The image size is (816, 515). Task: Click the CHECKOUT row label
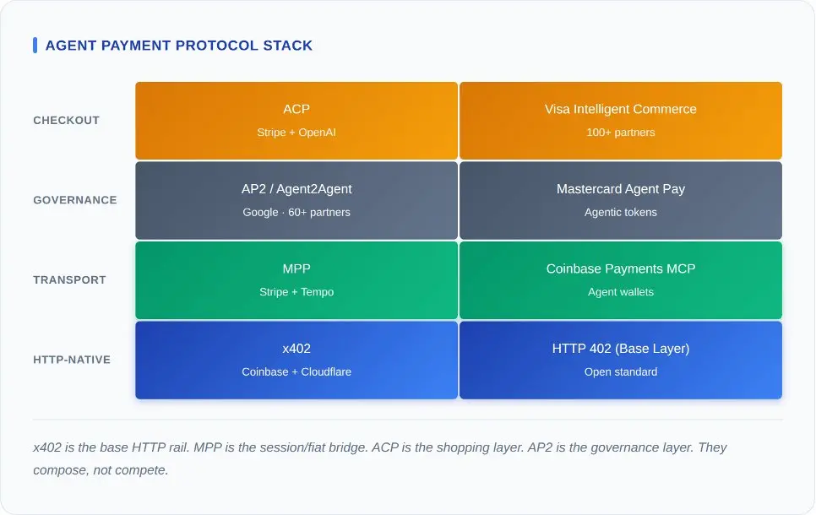coord(66,121)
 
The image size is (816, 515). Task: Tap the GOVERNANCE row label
coord(74,200)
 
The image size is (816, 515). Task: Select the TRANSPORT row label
coord(69,280)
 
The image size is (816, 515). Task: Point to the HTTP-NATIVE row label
coord(72,360)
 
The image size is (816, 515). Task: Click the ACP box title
coord(296,109)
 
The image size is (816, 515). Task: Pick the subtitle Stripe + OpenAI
coord(296,133)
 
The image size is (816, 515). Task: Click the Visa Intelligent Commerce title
coord(621,109)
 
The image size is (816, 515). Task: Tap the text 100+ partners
coord(621,133)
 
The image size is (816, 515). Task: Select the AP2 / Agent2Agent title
coord(296,189)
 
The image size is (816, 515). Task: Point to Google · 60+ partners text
coord(296,213)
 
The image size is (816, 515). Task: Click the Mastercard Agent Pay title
coord(621,189)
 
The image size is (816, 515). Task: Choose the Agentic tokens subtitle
coord(621,213)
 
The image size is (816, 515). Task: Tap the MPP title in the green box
coord(296,268)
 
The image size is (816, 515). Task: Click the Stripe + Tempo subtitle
coord(296,292)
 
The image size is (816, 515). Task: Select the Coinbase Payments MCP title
coord(621,268)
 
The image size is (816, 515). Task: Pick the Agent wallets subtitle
coord(621,292)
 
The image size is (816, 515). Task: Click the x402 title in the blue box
coord(296,349)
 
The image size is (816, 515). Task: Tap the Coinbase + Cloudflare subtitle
coord(296,372)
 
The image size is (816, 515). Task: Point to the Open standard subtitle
coord(621,372)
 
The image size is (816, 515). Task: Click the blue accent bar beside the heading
coord(35,46)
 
